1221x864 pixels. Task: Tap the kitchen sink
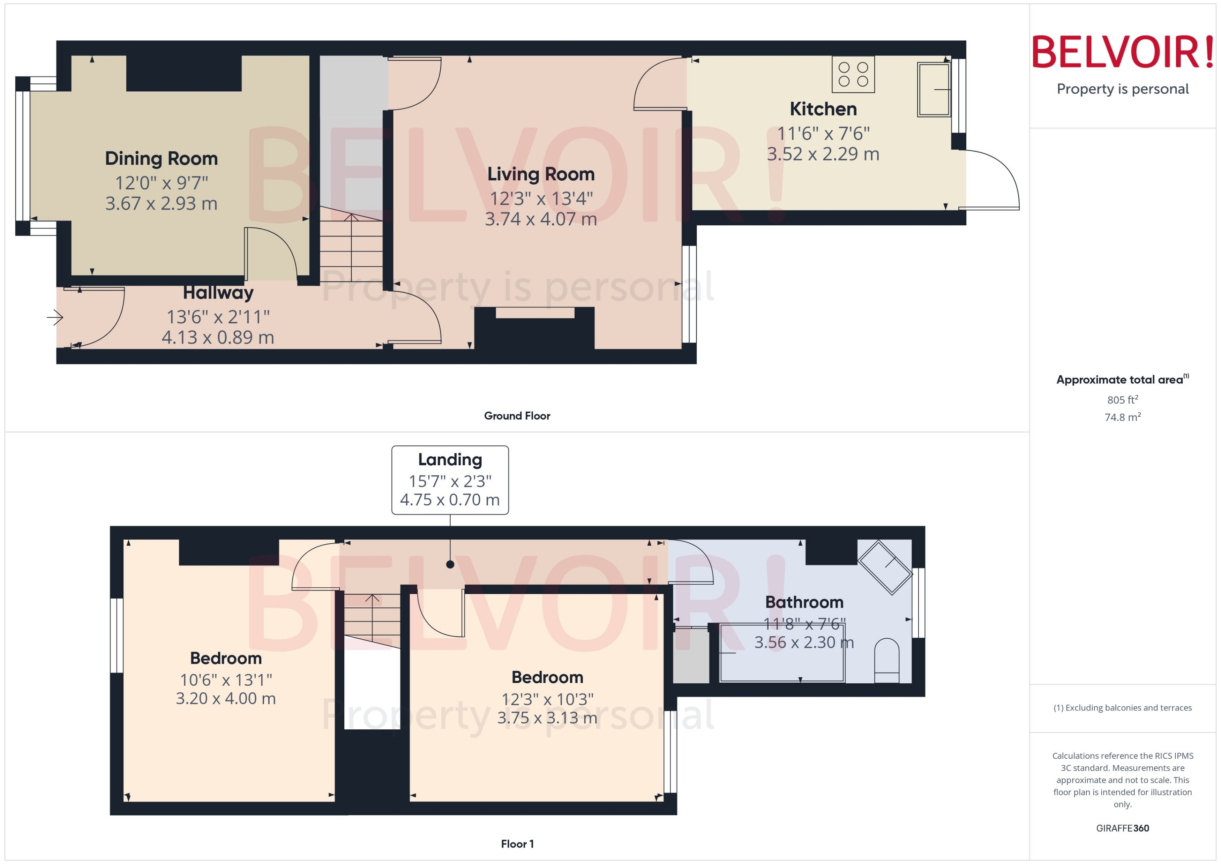click(934, 89)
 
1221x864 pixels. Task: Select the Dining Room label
click(161, 159)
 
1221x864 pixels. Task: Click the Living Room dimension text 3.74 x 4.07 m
click(540, 219)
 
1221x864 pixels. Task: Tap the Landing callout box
click(450, 480)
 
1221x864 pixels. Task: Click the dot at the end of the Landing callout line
click(450, 564)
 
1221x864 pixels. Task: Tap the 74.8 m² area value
click(1123, 417)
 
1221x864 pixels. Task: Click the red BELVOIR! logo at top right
click(1123, 52)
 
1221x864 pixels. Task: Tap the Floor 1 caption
click(517, 844)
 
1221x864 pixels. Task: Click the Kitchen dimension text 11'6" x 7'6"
click(823, 134)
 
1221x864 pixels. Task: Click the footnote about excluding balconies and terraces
click(1123, 708)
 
